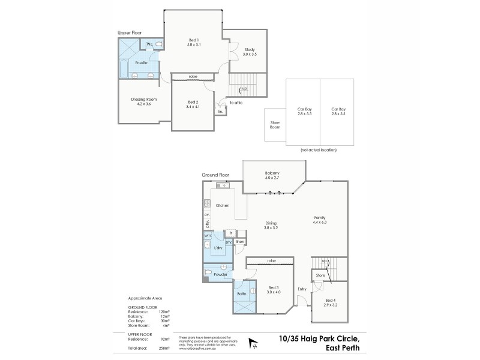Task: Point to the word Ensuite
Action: (x=142, y=62)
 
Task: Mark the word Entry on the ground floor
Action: (x=301, y=289)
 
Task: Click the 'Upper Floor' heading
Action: (x=130, y=33)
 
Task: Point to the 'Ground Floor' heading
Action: (x=215, y=175)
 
